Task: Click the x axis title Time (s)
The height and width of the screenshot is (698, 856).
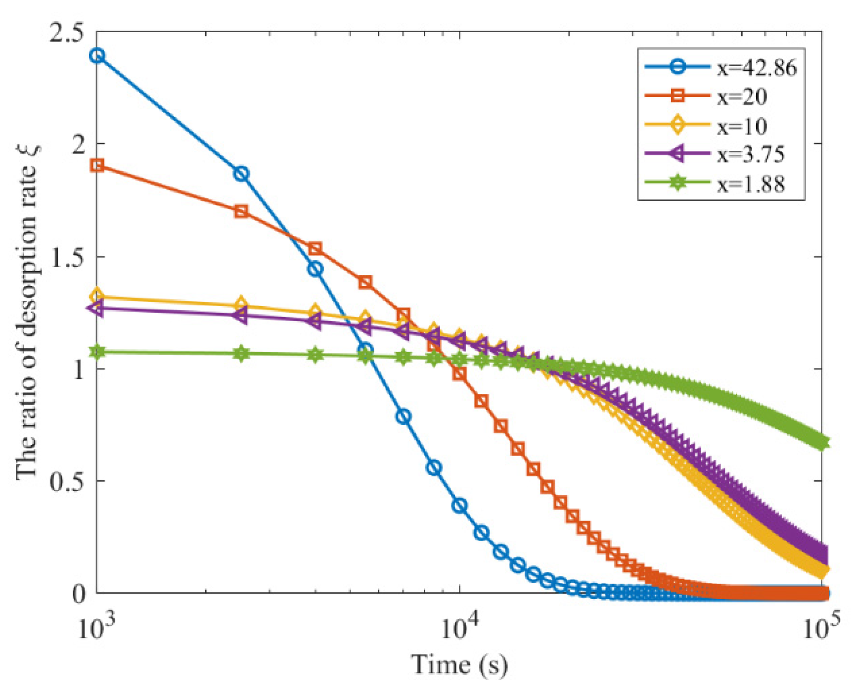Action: tap(459, 665)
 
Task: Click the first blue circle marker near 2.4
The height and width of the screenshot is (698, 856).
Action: tap(97, 55)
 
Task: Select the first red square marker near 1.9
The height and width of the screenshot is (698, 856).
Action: tap(97, 165)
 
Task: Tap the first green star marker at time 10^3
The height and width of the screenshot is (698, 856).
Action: tap(97, 352)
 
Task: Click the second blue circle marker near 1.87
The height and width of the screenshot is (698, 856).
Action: tap(241, 174)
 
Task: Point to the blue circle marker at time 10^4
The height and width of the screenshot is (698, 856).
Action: tap(460, 506)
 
